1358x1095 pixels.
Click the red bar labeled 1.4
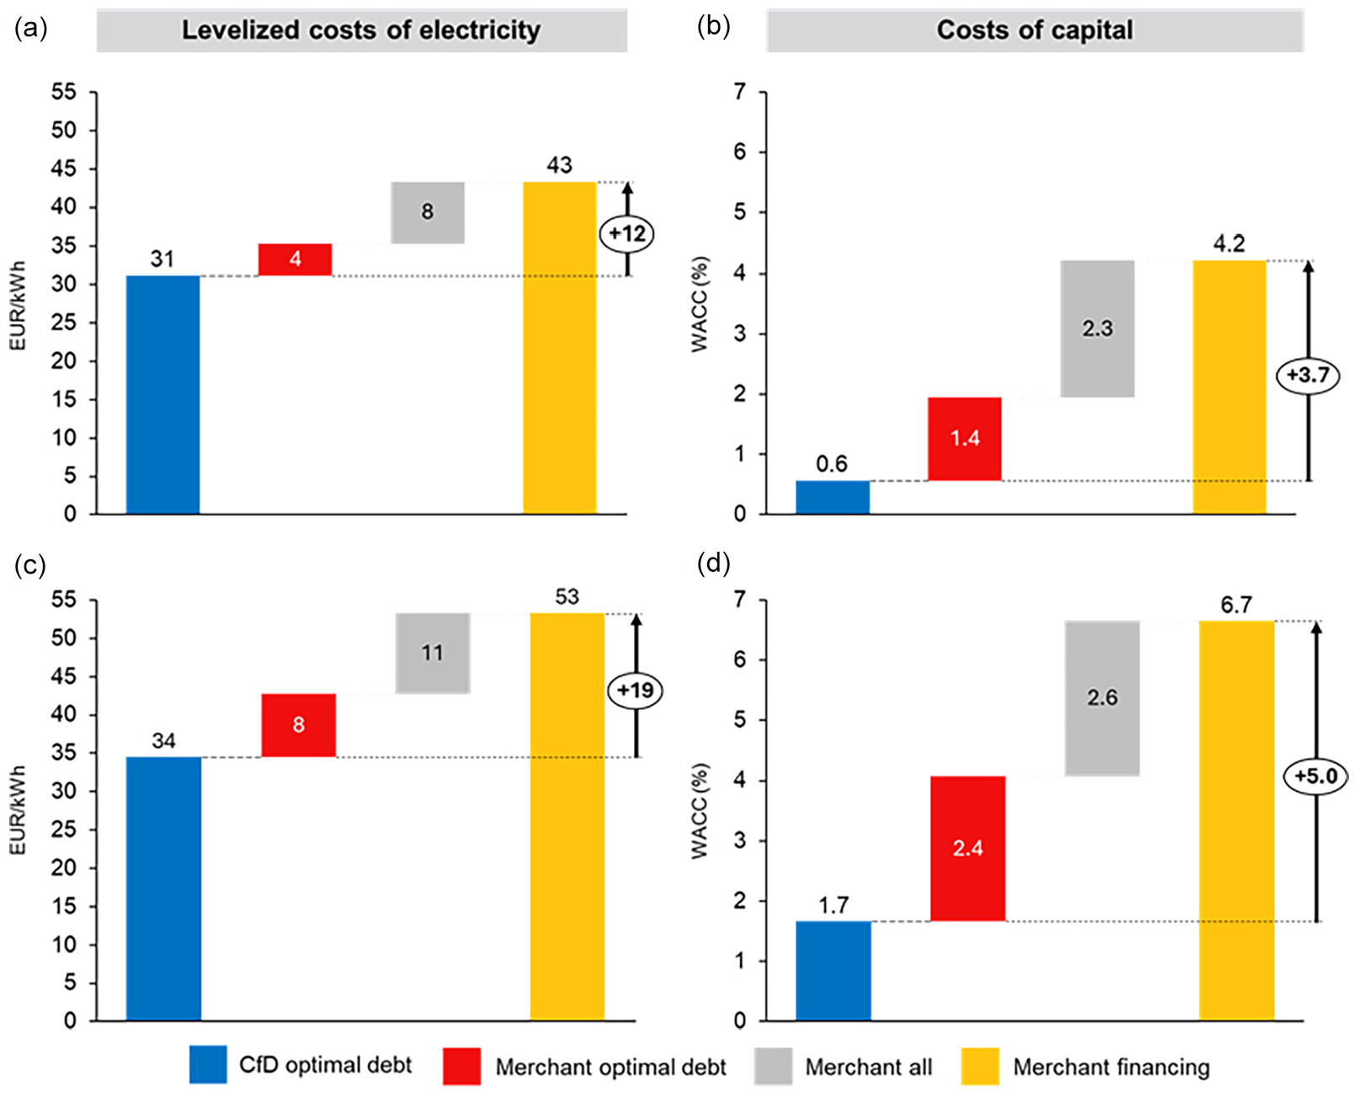click(964, 439)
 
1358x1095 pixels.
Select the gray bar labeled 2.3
click(1097, 328)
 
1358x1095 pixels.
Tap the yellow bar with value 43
click(560, 347)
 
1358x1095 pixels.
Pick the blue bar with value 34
click(163, 889)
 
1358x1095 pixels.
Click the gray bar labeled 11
click(433, 653)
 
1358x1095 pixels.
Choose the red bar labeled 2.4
click(967, 848)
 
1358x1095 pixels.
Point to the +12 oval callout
click(626, 233)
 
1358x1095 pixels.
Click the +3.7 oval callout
click(1307, 375)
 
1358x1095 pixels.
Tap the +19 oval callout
click(635, 691)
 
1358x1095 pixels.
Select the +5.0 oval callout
click(1315, 775)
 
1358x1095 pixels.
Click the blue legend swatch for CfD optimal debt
click(208, 1066)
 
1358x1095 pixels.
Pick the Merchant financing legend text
click(1110, 1067)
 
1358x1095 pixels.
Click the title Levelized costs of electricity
click(361, 30)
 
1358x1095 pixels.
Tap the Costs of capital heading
click(1034, 30)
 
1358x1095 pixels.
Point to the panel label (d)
click(713, 563)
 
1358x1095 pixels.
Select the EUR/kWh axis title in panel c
click(18, 809)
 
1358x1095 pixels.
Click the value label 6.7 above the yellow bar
click(1236, 605)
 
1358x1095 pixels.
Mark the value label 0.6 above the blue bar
click(831, 464)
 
